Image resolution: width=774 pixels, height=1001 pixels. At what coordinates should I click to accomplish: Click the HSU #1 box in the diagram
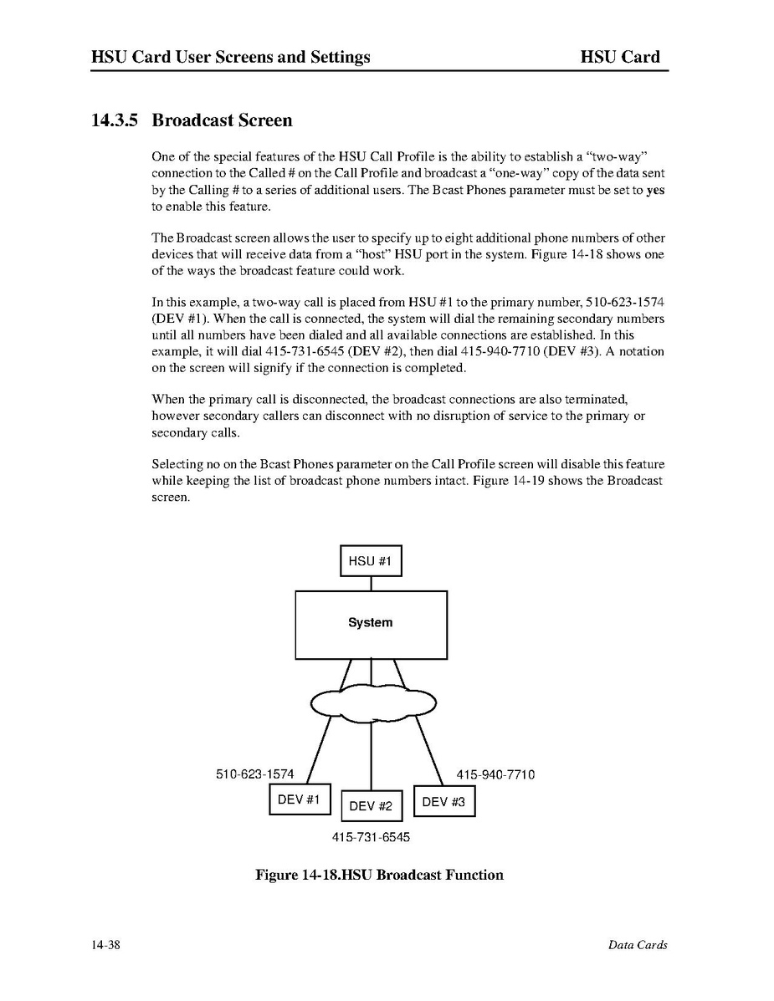point(371,560)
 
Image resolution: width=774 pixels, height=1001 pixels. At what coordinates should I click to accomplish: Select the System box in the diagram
point(371,625)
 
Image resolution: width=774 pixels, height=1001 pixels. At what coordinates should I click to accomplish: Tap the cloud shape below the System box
point(373,703)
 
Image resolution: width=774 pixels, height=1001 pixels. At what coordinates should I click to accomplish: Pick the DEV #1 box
point(300,799)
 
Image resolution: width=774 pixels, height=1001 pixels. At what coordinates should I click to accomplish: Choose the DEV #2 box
point(372,806)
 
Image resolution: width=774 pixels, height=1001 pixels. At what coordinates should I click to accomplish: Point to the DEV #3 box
point(443,802)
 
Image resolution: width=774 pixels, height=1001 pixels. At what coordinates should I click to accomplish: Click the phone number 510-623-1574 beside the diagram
point(255,774)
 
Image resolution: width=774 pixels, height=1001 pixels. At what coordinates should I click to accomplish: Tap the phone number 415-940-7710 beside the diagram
point(495,774)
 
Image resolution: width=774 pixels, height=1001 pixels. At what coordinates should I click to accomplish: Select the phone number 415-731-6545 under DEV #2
point(372,836)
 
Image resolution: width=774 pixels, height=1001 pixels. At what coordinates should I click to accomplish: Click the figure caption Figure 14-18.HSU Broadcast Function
point(379,875)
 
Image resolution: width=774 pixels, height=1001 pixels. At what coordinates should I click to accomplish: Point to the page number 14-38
point(106,945)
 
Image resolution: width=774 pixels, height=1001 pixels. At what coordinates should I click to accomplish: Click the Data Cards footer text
point(638,945)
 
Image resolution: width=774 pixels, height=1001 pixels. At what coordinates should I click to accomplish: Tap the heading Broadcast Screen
point(222,120)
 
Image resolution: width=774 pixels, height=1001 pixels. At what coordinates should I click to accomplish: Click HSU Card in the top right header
point(620,57)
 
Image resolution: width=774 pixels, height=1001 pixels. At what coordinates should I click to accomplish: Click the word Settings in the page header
point(339,57)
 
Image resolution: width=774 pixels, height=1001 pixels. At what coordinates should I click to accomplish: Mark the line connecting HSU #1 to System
point(371,584)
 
